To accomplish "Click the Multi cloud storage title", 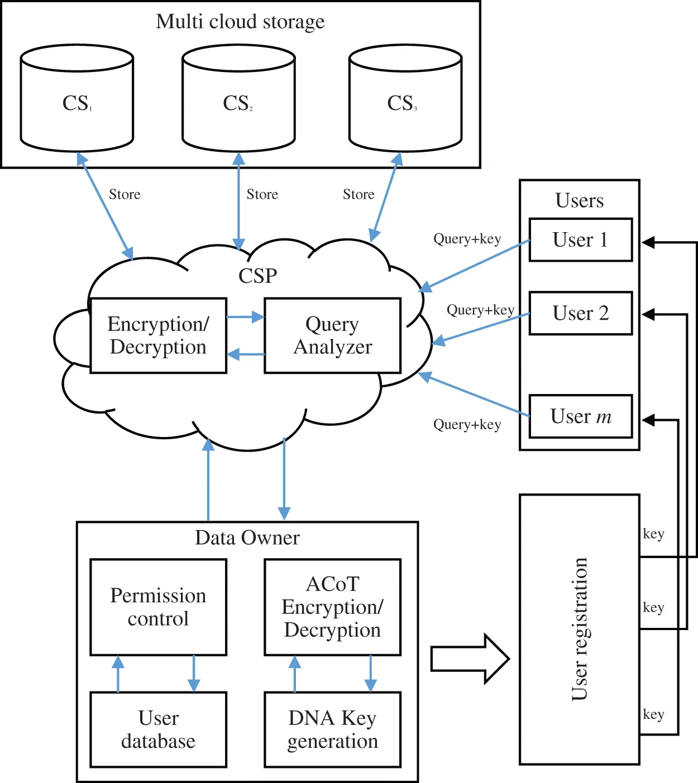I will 240,22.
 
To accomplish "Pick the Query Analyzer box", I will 333,335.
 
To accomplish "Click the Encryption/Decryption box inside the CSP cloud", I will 159,335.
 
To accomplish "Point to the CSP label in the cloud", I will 257,276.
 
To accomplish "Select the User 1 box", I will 580,240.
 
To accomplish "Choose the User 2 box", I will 580,313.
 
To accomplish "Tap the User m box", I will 580,416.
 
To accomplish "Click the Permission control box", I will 159,607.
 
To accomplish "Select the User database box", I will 159,729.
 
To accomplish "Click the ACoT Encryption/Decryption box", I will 333,607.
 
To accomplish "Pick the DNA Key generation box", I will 333,729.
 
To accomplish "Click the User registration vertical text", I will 580,629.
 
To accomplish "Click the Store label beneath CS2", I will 262,194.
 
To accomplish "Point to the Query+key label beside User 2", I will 480,310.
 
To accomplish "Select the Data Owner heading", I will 247,537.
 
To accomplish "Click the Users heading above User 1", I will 580,200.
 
